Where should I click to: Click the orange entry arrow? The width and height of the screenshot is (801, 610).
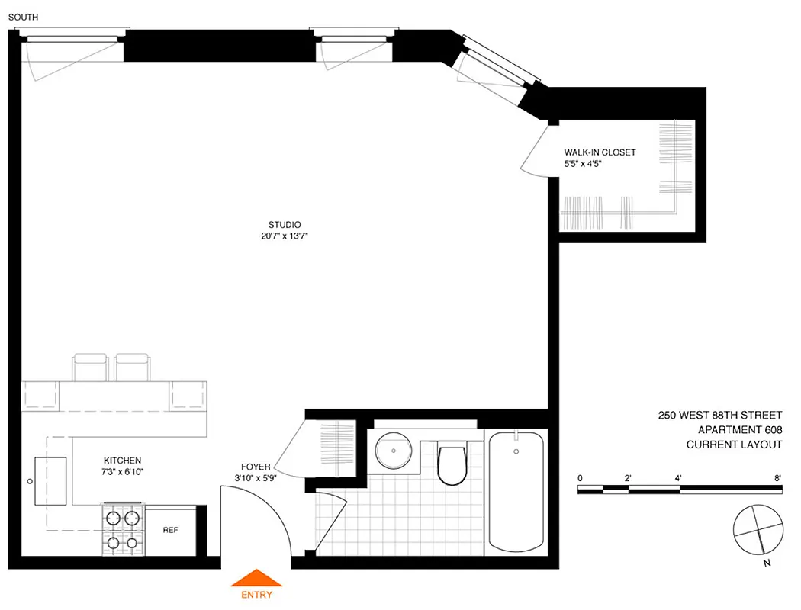(x=256, y=577)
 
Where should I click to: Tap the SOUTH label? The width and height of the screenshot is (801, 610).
(x=22, y=17)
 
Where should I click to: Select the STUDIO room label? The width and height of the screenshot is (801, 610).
(x=284, y=224)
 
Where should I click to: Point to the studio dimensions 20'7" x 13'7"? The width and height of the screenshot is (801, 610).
(x=284, y=236)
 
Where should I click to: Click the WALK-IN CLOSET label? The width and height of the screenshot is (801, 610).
(x=600, y=152)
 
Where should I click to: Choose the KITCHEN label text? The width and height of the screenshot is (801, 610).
(x=123, y=461)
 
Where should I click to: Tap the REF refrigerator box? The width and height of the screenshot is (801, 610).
(x=170, y=530)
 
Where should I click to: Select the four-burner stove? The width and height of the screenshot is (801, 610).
(x=123, y=530)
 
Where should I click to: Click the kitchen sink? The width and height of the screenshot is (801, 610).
(x=50, y=481)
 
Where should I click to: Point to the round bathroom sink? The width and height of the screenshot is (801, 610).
(x=394, y=450)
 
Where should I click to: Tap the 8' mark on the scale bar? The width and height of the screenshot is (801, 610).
(x=778, y=478)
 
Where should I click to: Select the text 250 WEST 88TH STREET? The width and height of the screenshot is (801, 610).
(x=720, y=416)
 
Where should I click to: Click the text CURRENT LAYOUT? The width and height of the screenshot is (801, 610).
(x=734, y=445)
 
